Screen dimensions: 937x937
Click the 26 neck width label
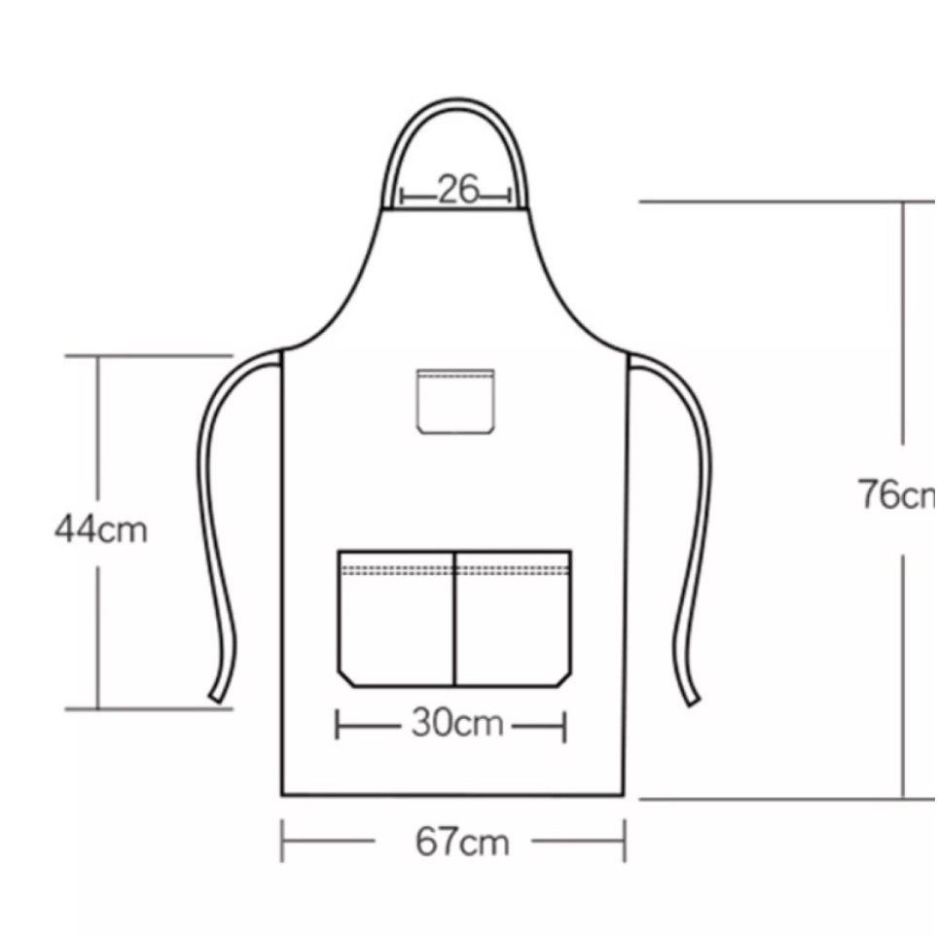[459, 190]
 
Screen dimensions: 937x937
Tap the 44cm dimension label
[101, 529]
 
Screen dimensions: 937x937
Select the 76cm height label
[897, 495]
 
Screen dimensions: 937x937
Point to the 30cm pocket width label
[457, 724]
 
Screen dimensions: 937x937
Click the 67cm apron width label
[462, 842]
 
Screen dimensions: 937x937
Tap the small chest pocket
[455, 401]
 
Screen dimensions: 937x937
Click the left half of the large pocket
[396, 619]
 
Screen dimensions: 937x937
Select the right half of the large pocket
[514, 619]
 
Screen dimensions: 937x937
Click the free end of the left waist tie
[216, 697]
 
